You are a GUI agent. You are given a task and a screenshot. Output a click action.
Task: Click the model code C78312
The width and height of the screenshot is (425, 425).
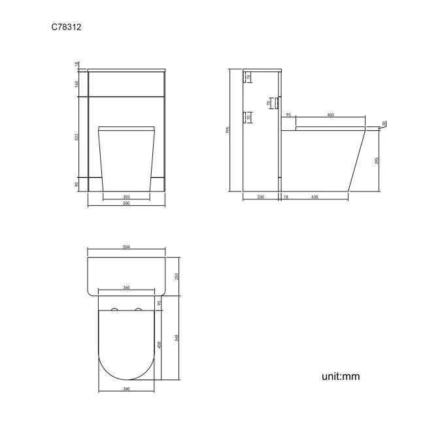(x=65, y=27)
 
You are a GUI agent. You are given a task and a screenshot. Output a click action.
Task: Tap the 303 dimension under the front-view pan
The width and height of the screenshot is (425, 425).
(x=126, y=196)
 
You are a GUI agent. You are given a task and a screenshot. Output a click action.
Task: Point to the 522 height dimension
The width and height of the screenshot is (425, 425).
(x=77, y=137)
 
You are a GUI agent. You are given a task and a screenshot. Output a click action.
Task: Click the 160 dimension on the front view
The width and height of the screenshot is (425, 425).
(x=77, y=84)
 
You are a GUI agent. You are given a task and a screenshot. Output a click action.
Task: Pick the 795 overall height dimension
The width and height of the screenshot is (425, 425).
(x=228, y=130)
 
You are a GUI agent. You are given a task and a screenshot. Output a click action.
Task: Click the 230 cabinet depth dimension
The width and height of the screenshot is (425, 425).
(x=260, y=196)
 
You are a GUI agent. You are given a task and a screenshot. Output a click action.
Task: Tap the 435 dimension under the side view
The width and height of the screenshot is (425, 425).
(x=314, y=196)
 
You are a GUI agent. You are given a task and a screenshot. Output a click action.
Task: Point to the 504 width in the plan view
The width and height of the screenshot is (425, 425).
(x=126, y=246)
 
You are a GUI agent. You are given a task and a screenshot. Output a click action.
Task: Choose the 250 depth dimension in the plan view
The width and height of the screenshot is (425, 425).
(x=177, y=275)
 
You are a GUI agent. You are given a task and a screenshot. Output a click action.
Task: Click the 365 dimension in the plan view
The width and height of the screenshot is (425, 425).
(x=126, y=288)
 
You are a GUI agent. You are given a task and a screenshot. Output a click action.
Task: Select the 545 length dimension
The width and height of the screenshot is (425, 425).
(x=177, y=337)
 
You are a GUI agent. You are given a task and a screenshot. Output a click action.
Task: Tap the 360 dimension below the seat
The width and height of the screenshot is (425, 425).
(x=126, y=389)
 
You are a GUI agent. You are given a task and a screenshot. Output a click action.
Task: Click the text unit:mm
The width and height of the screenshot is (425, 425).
(x=340, y=377)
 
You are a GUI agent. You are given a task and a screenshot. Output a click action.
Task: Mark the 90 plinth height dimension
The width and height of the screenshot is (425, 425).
(x=77, y=184)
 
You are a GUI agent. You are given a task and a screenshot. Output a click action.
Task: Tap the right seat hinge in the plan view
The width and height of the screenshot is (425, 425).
(x=138, y=308)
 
